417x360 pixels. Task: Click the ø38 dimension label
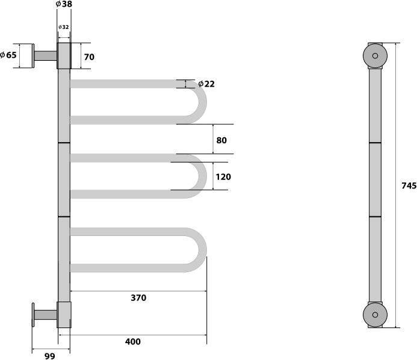pyautogui.click(x=64, y=4)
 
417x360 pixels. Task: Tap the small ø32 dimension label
pyautogui.click(x=64, y=27)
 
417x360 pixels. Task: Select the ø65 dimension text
pyautogui.click(x=8, y=55)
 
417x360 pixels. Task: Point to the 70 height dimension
pyautogui.click(x=89, y=57)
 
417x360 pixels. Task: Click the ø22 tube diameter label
pyautogui.click(x=206, y=84)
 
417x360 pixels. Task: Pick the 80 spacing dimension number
pyautogui.click(x=221, y=140)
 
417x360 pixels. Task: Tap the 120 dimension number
pyautogui.click(x=223, y=176)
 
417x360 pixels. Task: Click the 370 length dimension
pyautogui.click(x=138, y=298)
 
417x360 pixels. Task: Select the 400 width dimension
pyautogui.click(x=133, y=341)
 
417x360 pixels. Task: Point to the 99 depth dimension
pyautogui.click(x=50, y=356)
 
